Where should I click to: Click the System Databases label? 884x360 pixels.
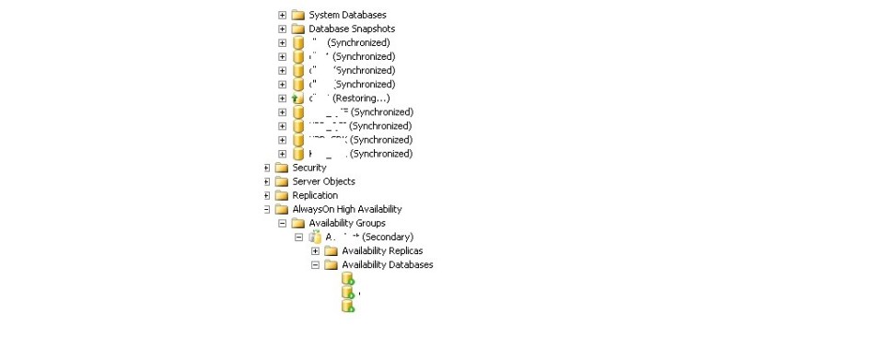click(x=347, y=15)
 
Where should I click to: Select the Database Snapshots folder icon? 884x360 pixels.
click(x=297, y=29)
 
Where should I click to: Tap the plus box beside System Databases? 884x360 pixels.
click(x=283, y=15)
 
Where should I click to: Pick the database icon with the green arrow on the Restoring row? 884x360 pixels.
click(x=297, y=99)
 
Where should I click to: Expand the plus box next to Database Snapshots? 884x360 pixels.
click(x=283, y=29)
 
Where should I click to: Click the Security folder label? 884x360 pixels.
click(x=309, y=168)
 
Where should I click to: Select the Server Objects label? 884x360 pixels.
click(x=323, y=181)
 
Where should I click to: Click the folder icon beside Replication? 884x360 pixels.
click(x=282, y=195)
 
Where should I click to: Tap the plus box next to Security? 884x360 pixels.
click(x=267, y=168)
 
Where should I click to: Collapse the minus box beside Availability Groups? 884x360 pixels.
click(x=283, y=223)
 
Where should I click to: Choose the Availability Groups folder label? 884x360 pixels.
click(x=347, y=223)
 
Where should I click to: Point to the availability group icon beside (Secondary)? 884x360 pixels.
click(x=314, y=238)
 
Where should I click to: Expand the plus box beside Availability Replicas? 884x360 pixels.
click(x=316, y=251)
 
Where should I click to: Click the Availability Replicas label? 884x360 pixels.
click(x=382, y=251)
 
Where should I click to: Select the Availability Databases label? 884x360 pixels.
click(x=387, y=265)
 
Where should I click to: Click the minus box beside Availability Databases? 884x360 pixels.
click(x=316, y=265)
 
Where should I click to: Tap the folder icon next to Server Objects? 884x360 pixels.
click(x=282, y=181)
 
